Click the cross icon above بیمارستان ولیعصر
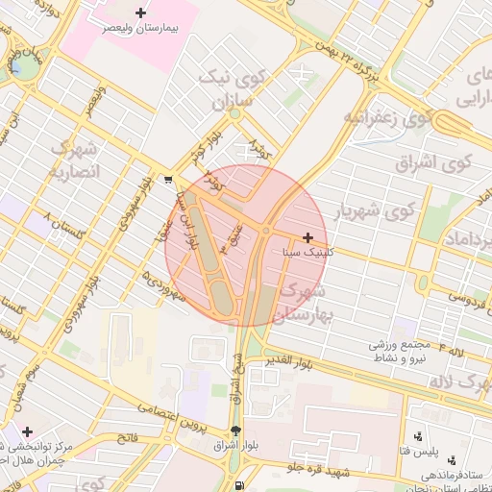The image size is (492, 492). (x=141, y=13)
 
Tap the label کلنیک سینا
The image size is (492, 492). (x=309, y=253)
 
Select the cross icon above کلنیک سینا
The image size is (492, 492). (x=307, y=237)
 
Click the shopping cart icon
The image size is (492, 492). (x=169, y=179)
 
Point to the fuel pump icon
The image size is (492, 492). (x=238, y=484)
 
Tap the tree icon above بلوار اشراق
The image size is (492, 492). (x=237, y=429)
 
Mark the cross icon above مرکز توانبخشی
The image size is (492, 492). (x=27, y=433)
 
